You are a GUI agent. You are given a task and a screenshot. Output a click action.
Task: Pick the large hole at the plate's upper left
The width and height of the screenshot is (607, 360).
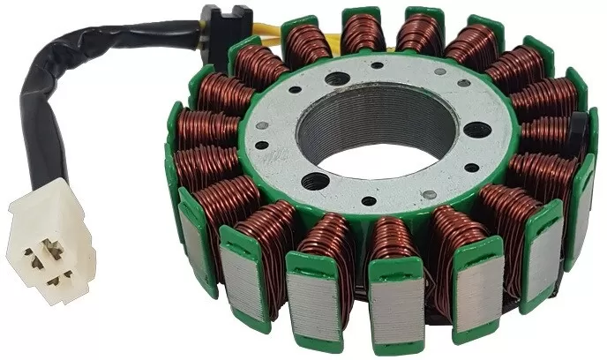pos(337,79)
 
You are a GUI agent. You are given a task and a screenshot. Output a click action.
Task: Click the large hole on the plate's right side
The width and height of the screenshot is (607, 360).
pos(476,130)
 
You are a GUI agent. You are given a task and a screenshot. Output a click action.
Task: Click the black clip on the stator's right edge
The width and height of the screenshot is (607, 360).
pos(577,132)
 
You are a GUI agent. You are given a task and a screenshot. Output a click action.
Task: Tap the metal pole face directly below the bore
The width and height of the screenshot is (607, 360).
pos(396,301)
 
